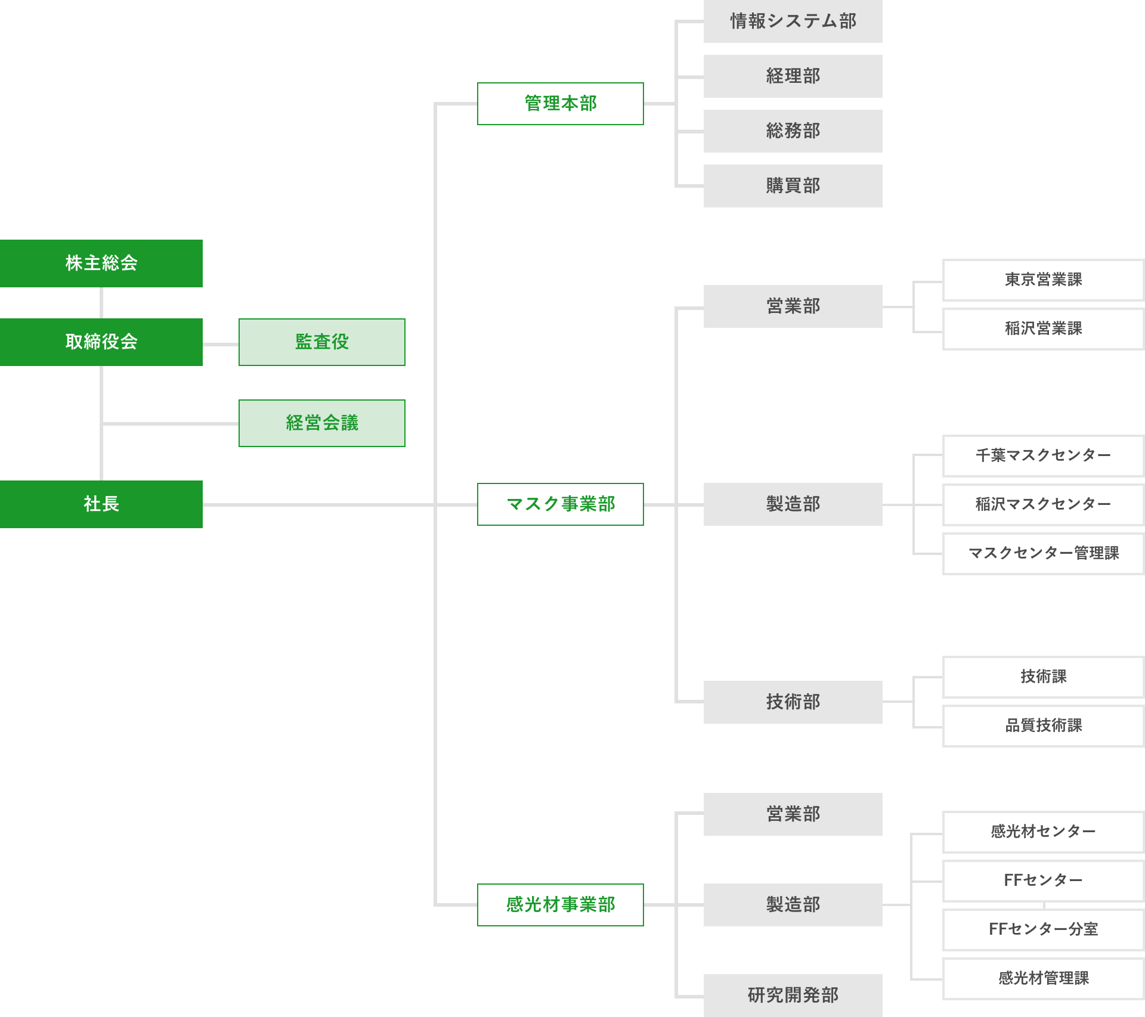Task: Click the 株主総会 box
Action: (101, 263)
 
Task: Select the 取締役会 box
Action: (101, 342)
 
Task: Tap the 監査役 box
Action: (322, 342)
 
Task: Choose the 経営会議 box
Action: (322, 423)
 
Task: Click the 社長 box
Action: (101, 504)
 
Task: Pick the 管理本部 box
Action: (561, 104)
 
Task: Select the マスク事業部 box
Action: (561, 504)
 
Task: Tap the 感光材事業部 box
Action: (561, 905)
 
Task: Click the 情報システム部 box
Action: (793, 21)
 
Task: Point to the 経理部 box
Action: (793, 76)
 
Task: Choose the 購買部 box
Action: (793, 186)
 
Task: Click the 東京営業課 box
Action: (1044, 280)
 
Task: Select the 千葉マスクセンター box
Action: (1044, 455)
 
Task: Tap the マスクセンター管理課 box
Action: (1044, 553)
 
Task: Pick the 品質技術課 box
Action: (1044, 725)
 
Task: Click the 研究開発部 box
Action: (793, 996)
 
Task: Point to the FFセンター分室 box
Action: (1044, 929)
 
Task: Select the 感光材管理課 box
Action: (1044, 978)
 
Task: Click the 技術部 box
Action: (793, 702)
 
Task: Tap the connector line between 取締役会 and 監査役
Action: (221, 344)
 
